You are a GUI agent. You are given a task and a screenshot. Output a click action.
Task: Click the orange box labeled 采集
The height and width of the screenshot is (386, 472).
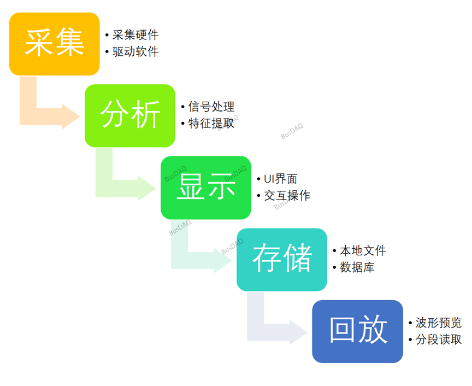click(x=54, y=44)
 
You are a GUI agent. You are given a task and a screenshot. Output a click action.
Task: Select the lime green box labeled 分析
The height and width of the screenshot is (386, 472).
click(x=130, y=115)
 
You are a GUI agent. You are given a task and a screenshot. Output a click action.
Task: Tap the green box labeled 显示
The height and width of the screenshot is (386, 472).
click(x=205, y=188)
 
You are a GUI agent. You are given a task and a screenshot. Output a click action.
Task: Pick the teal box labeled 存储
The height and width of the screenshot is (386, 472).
click(x=281, y=259)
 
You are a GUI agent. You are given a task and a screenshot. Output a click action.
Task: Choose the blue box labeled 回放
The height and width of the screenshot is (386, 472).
click(x=357, y=331)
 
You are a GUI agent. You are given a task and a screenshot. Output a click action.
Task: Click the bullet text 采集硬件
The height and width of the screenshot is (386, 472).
click(x=135, y=35)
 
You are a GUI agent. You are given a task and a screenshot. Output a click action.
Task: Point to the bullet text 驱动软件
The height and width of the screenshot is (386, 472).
click(x=135, y=52)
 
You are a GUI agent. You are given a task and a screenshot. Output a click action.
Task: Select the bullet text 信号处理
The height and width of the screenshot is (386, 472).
click(x=211, y=107)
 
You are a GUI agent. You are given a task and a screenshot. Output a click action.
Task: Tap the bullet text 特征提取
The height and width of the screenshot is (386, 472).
click(x=211, y=124)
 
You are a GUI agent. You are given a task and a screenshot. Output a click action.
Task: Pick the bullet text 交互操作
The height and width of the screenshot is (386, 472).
click(x=287, y=196)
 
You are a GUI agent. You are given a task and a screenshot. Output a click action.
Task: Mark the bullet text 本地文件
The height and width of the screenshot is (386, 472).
click(x=363, y=251)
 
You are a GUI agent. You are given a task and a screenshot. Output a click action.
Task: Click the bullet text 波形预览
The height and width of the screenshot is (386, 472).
click(x=438, y=323)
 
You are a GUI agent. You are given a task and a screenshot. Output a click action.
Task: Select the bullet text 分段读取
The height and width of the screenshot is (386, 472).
click(x=438, y=340)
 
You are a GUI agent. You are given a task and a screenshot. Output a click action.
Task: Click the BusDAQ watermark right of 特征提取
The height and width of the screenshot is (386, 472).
click(x=292, y=132)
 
